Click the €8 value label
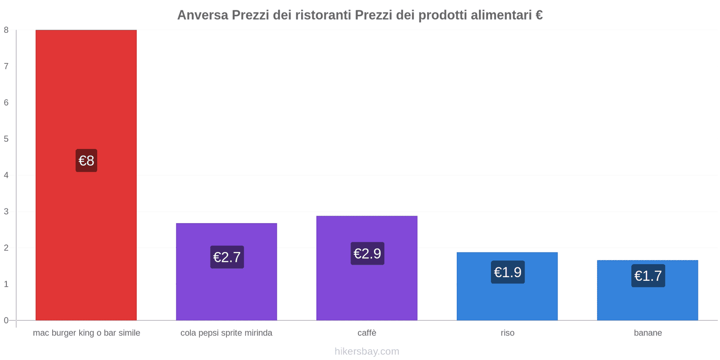(86, 161)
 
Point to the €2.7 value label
(227, 257)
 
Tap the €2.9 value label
(367, 253)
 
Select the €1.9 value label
(508, 272)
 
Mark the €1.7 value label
(648, 276)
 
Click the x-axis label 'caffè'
(367, 333)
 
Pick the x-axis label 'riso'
(507, 333)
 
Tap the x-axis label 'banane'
(648, 333)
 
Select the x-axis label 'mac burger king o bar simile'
(86, 333)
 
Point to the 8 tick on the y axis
(6, 30)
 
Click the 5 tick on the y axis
(6, 139)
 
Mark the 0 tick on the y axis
(6, 320)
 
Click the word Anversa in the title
(202, 15)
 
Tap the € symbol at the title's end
(539, 15)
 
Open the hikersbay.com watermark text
(367, 351)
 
